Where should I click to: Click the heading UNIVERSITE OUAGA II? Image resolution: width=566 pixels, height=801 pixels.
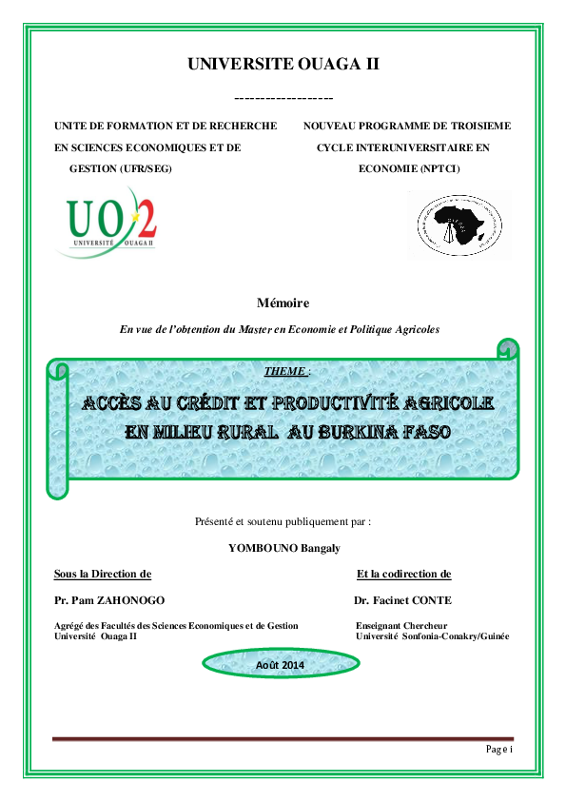(x=283, y=65)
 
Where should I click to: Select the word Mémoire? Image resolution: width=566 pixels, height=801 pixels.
(x=283, y=303)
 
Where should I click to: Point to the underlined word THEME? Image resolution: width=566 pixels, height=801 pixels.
(x=283, y=371)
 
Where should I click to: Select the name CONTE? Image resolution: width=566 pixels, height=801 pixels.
(x=431, y=600)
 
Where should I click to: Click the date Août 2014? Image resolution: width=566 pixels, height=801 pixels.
(x=281, y=665)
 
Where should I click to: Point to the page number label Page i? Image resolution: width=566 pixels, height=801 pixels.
(x=498, y=750)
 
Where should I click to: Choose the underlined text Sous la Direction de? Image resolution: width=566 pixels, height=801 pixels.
(x=103, y=574)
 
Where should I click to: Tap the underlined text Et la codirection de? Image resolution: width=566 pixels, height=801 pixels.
(x=403, y=574)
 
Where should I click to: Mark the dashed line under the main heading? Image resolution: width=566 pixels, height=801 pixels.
(x=283, y=98)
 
